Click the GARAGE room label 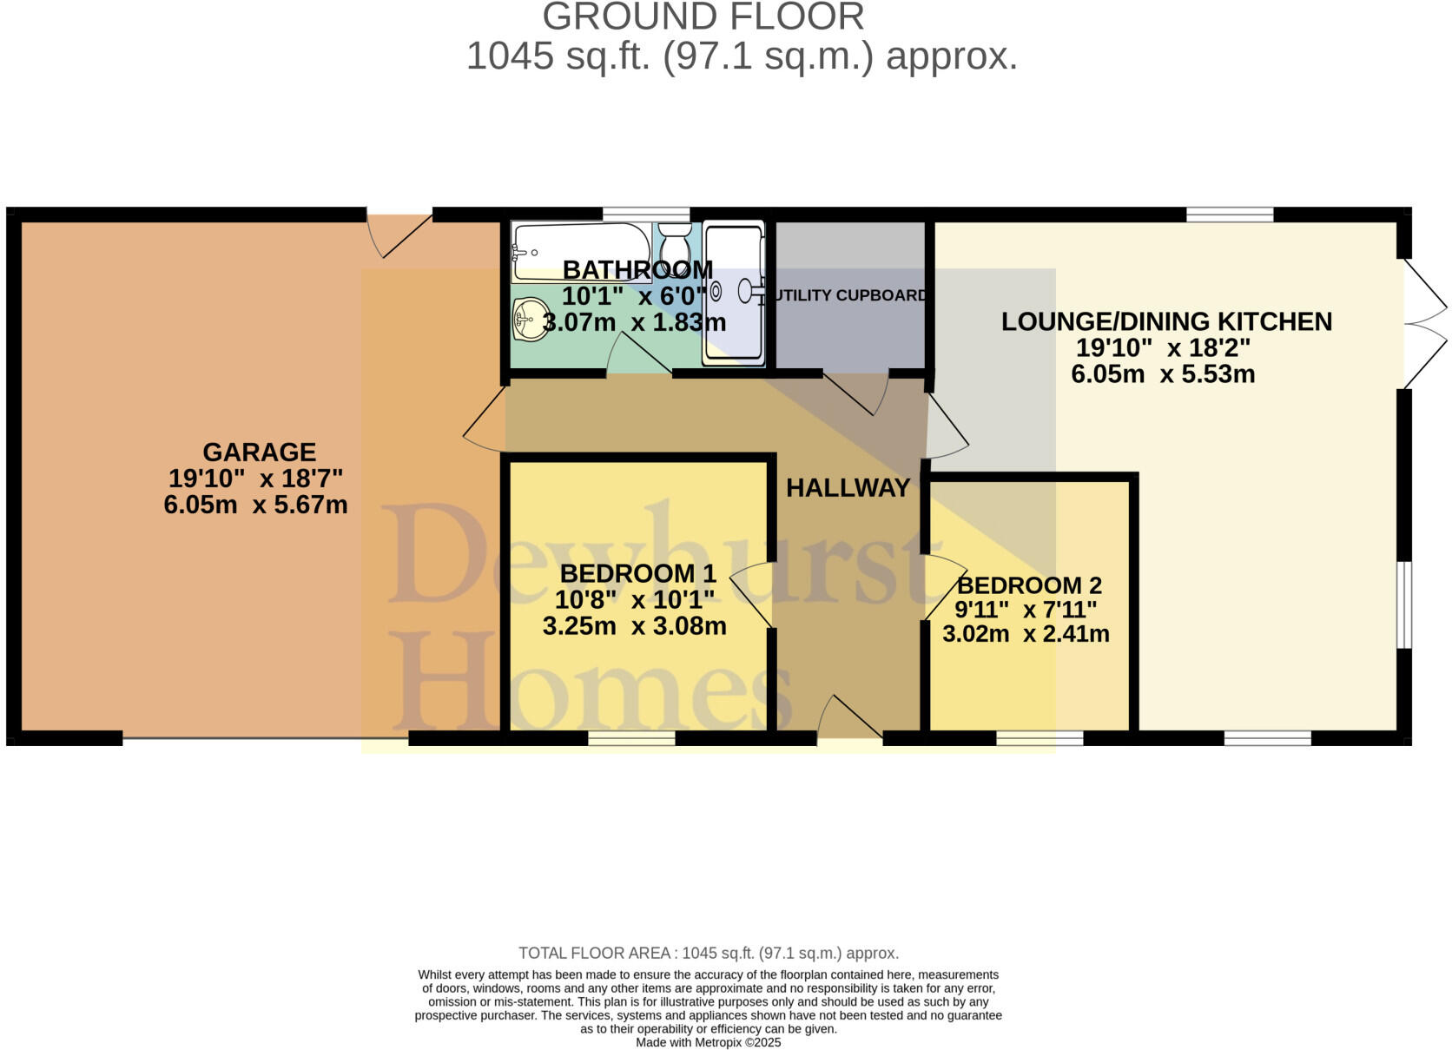[x=259, y=452]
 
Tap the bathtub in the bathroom [x=580, y=252]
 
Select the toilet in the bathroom [x=674, y=242]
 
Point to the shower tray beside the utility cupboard [x=734, y=294]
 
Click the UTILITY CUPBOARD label [x=849, y=295]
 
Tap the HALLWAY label [x=848, y=488]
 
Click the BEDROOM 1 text [x=637, y=573]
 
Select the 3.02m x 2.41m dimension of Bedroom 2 [x=1026, y=634]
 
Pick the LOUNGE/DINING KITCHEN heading [x=1166, y=321]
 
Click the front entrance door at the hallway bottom [x=849, y=721]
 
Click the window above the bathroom [x=646, y=214]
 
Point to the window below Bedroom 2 [x=1039, y=738]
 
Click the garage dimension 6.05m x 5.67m [x=255, y=505]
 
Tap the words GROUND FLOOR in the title [x=703, y=17]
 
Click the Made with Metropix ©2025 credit [x=708, y=1042]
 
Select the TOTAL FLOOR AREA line [x=708, y=953]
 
